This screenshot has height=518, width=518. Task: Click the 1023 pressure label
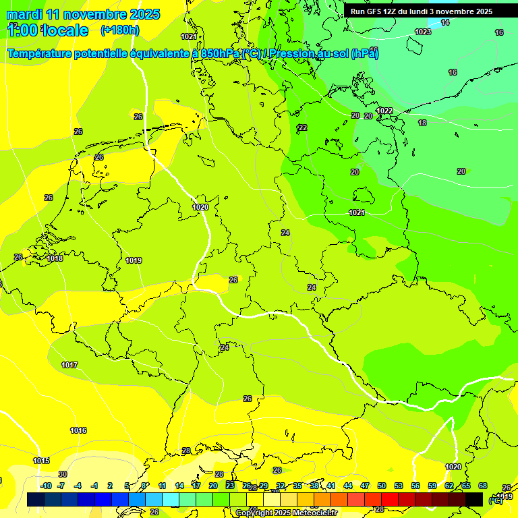423,32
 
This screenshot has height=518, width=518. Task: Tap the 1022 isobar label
384,111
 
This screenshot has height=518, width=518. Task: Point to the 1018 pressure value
55,258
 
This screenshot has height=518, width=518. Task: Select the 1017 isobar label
69,365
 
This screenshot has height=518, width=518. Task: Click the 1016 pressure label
78,430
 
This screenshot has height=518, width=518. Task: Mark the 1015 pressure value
41,461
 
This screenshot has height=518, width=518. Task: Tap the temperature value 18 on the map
422,123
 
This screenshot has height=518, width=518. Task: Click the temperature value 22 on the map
303,127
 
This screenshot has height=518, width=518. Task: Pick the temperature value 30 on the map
62,474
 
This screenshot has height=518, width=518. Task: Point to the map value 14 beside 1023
445,23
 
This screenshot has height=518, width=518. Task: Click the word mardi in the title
24,14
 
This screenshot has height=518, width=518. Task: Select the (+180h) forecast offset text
119,30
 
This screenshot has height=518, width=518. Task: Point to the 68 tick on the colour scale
483,486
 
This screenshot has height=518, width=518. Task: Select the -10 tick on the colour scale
46,486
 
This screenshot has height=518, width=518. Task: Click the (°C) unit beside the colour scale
496,501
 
